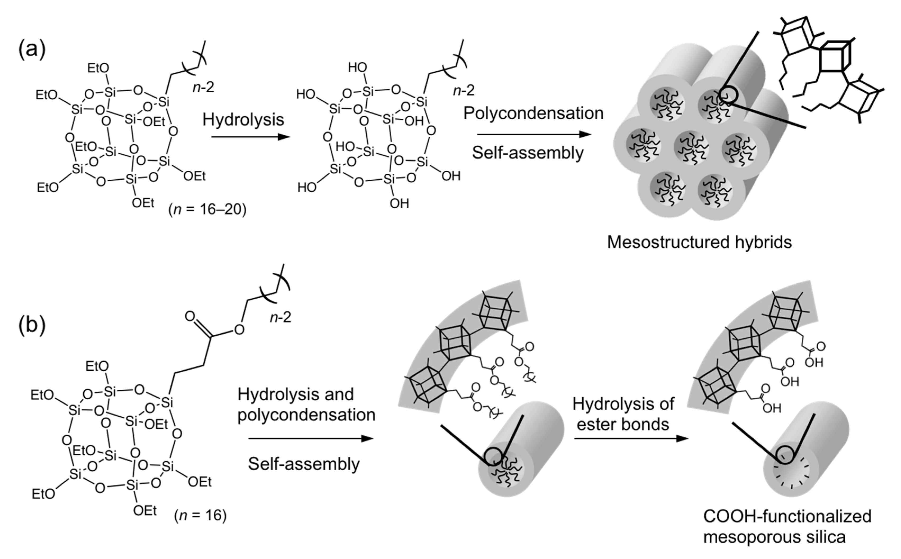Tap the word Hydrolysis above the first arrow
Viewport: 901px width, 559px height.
point(243,119)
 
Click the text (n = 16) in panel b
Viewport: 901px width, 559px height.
point(200,515)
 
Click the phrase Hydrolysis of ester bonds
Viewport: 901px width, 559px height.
point(623,414)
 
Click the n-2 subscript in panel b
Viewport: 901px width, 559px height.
point(280,317)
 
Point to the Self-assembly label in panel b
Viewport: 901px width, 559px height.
point(303,463)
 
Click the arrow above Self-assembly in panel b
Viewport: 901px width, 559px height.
point(311,439)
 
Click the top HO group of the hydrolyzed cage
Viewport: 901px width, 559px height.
point(357,67)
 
